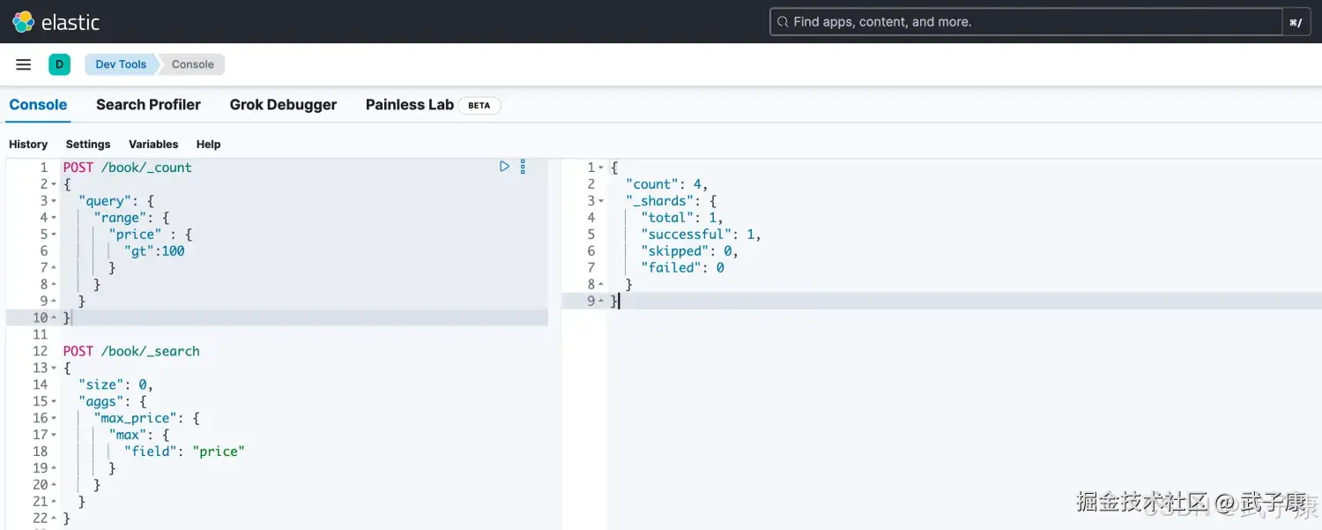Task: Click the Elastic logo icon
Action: (23, 22)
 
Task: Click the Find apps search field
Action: (1026, 22)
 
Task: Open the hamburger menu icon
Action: (23, 64)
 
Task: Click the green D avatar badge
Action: (59, 64)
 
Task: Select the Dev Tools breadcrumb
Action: (121, 64)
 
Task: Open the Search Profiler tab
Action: (148, 105)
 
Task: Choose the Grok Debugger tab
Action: (283, 105)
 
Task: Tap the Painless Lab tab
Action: (410, 105)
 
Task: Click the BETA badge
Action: (479, 105)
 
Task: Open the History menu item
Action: (28, 144)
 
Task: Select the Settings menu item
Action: (88, 144)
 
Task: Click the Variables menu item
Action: (153, 144)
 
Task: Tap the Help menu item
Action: (208, 144)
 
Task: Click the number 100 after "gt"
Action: (174, 251)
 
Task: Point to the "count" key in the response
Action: (651, 184)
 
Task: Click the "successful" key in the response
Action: (686, 235)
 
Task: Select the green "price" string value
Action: (219, 452)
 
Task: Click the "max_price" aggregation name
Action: (135, 418)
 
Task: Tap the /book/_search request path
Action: (151, 352)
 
